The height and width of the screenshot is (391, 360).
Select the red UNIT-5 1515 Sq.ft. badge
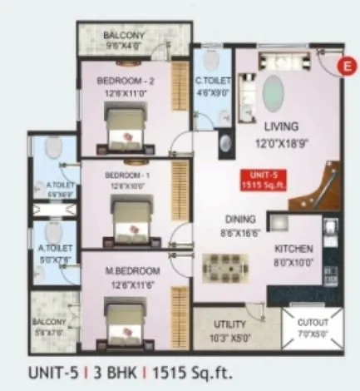pyautogui.click(x=259, y=180)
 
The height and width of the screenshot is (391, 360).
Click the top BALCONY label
pyautogui.click(x=123, y=37)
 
